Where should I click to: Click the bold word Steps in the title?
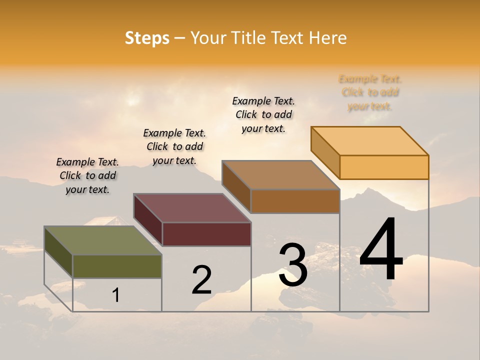(147, 38)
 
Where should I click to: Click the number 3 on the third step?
(293, 264)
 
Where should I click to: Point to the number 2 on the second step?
(202, 280)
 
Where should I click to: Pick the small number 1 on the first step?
(115, 295)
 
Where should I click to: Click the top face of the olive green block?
(102, 240)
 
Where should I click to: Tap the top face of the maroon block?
(192, 208)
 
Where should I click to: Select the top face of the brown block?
(281, 175)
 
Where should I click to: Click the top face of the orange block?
(370, 141)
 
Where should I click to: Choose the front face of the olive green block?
(117, 266)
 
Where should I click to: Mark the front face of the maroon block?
(206, 234)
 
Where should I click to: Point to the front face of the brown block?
(295, 201)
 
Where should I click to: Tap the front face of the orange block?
(384, 167)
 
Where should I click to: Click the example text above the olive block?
(87, 175)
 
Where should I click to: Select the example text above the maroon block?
(174, 146)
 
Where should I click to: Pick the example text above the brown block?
(263, 114)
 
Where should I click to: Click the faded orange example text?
(370, 92)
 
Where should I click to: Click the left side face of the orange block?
(325, 152)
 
